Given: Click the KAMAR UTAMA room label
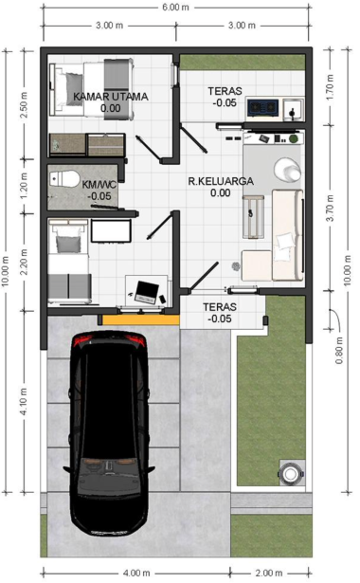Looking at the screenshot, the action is [x=111, y=97].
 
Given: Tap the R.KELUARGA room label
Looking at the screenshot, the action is [x=221, y=181].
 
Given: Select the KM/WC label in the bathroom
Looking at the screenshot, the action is [x=99, y=185].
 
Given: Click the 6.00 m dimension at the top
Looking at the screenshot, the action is [x=175, y=7].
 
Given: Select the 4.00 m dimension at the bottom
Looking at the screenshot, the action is [x=136, y=573].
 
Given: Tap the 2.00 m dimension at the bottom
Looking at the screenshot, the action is [x=269, y=573].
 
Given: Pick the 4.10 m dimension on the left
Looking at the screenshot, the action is [x=24, y=402].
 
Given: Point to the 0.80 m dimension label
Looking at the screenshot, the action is [x=339, y=350].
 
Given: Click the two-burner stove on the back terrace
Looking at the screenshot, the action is [x=263, y=107].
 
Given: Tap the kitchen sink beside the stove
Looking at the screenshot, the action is [x=294, y=110].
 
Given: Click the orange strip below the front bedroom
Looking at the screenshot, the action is [x=141, y=319].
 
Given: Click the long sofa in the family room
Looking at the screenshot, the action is [x=287, y=234].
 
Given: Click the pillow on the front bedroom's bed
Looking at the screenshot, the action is [x=68, y=244].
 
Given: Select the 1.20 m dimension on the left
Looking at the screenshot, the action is [x=24, y=186].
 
